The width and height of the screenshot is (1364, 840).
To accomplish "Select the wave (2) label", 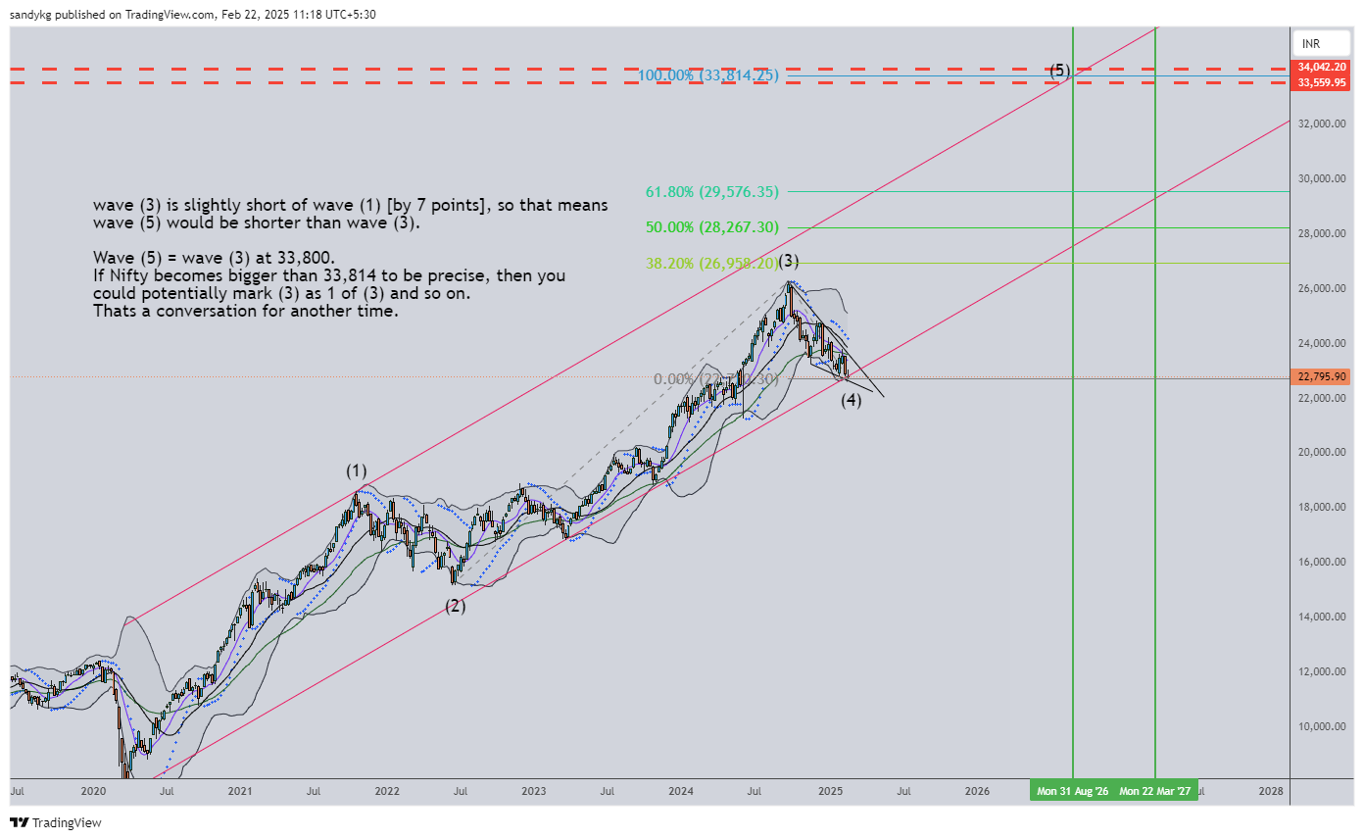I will pos(456,606).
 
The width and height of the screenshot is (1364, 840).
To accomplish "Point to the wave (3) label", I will pos(789,261).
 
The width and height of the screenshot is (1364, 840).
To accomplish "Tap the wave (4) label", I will pos(852,400).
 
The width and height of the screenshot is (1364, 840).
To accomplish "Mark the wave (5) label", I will pos(1060,70).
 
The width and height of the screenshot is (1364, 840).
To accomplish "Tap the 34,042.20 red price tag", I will pos(1323,67).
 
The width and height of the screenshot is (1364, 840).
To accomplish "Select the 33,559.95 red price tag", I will pos(1323,82).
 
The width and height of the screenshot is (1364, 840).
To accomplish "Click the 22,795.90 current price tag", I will pos(1323,377).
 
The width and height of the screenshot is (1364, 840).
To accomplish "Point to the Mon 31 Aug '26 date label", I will pos(1073,790).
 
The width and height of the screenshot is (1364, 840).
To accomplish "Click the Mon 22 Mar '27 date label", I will pos(1156,790).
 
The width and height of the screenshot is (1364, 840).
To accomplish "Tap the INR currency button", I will pos(1311,44).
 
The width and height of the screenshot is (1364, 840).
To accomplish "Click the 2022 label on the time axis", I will pos(387,790).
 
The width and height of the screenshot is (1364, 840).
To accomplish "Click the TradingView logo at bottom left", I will pos(56,823).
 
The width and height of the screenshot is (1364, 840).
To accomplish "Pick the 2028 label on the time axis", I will pos(1271,790).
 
